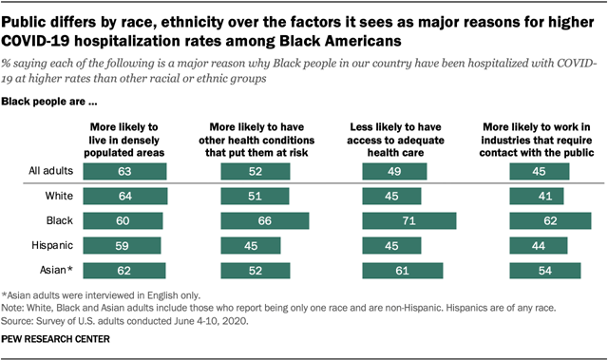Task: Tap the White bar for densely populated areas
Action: click(125, 197)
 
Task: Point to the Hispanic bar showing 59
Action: click(123, 245)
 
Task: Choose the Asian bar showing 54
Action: click(545, 270)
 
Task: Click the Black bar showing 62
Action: click(550, 221)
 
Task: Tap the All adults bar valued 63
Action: click(125, 171)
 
